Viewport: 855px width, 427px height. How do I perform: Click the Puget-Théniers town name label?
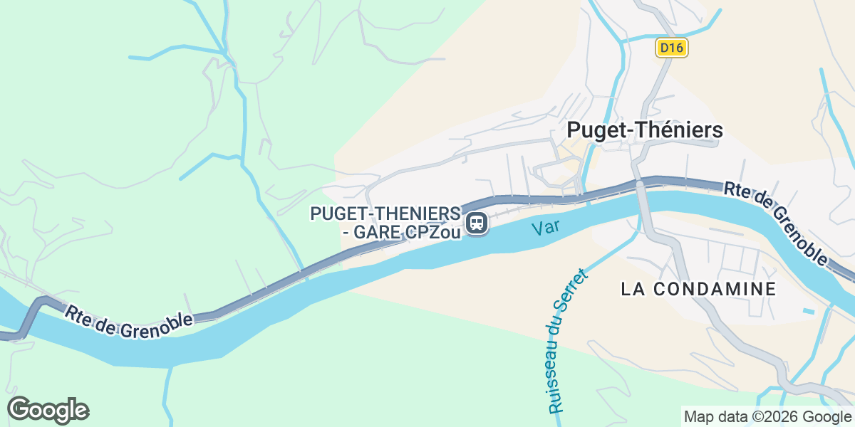[x=645, y=130]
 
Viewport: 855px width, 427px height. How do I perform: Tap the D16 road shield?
[x=671, y=48]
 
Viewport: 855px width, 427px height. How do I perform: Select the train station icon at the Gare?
[x=477, y=223]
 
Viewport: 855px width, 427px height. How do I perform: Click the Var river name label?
[x=544, y=228]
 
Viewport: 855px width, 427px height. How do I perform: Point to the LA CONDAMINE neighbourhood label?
[x=698, y=289]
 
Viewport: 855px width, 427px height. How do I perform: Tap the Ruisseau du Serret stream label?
[x=568, y=342]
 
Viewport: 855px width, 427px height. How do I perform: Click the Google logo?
[x=48, y=411]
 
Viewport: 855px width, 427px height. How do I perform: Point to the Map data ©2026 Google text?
[x=767, y=416]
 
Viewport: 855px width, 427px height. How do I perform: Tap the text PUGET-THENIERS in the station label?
[x=384, y=213]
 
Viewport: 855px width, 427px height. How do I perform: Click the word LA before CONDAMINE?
[x=633, y=289]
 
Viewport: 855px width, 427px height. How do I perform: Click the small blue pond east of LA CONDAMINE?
[x=808, y=311]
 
